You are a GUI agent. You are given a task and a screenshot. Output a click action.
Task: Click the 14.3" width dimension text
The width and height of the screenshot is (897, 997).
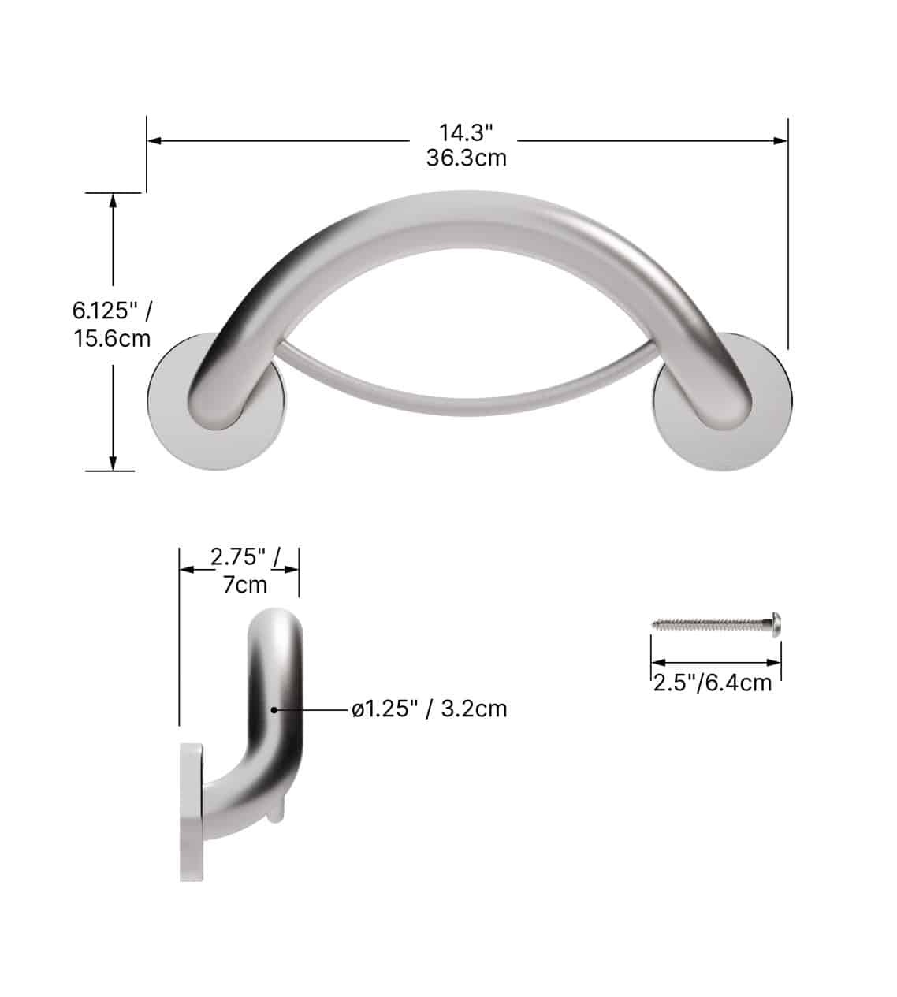tap(466, 131)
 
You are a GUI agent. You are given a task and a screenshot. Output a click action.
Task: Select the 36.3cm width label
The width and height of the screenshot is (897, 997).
tap(466, 158)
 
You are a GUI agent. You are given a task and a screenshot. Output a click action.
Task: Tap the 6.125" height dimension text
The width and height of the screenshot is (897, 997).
tap(111, 310)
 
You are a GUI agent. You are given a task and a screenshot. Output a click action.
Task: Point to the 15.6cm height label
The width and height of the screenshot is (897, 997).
tap(111, 340)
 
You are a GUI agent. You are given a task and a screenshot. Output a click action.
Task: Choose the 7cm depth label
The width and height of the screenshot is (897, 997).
tap(244, 585)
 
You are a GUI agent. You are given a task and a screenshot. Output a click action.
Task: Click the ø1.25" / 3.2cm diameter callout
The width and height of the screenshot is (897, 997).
tap(430, 709)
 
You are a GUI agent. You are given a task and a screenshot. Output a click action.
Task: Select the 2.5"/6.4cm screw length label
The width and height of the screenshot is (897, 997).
tap(713, 682)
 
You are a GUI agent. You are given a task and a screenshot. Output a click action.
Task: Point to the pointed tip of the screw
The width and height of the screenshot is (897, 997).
tap(655, 624)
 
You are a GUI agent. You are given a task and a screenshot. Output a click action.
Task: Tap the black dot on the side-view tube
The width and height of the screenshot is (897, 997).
tap(274, 709)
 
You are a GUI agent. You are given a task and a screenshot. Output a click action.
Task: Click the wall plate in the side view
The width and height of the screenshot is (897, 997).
tap(192, 812)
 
